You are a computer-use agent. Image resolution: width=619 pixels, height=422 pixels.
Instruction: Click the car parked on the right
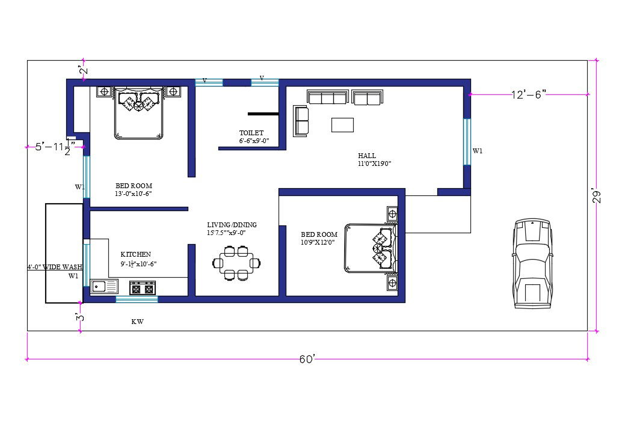click(x=532, y=263)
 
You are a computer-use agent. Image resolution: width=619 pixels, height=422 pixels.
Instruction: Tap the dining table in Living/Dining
click(x=236, y=263)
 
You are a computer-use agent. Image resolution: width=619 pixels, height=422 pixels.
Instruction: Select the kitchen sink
click(x=105, y=287)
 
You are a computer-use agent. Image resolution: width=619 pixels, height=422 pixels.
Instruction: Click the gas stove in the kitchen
click(x=143, y=289)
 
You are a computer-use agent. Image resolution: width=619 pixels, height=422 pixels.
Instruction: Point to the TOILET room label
click(x=251, y=133)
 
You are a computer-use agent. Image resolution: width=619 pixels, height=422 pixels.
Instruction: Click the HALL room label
click(x=367, y=156)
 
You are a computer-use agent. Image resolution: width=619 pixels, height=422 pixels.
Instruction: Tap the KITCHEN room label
click(x=135, y=254)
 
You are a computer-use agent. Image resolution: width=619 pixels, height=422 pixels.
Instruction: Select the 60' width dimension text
click(x=307, y=359)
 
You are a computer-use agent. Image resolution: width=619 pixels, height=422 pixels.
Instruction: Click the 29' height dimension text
click(x=597, y=197)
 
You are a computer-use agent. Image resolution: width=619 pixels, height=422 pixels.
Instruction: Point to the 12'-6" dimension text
click(x=529, y=94)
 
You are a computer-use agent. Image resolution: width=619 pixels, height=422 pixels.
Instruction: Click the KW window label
click(x=137, y=322)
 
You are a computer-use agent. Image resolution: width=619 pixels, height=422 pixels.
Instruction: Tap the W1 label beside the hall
click(x=477, y=151)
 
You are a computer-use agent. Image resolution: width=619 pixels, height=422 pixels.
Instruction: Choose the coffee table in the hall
click(x=342, y=124)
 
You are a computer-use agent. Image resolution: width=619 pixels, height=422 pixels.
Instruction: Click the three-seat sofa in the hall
click(x=327, y=97)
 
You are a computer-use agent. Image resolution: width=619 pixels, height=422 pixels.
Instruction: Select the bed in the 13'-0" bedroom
click(x=138, y=113)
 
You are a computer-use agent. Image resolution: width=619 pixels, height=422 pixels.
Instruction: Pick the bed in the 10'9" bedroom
click(x=371, y=248)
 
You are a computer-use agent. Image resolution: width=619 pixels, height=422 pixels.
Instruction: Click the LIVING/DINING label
click(x=232, y=225)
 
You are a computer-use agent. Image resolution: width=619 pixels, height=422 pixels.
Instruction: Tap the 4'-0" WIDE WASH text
click(x=55, y=267)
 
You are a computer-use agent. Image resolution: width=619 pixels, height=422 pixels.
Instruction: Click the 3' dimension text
click(x=80, y=317)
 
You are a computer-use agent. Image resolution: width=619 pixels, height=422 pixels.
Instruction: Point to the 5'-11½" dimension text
click(x=55, y=147)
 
